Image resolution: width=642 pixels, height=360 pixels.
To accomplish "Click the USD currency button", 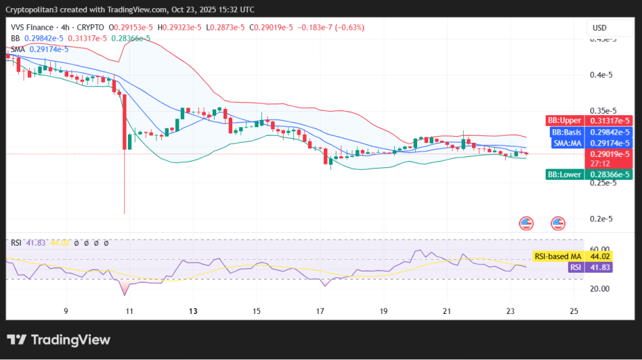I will [x=599, y=28].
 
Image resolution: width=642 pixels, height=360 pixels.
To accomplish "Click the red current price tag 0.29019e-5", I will [x=607, y=154].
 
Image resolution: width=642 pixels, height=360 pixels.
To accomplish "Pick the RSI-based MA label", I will [x=557, y=256].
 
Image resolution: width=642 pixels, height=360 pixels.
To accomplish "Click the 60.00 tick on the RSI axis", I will [x=600, y=249].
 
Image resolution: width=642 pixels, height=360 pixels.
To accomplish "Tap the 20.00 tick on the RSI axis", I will [x=600, y=288].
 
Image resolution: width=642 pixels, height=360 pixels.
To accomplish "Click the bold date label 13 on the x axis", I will [x=193, y=311].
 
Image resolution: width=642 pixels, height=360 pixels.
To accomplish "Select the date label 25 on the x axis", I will [x=574, y=311].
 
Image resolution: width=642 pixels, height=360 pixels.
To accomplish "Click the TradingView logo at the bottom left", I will [x=58, y=340].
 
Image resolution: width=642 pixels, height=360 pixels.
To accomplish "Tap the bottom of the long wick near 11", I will [x=125, y=213].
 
